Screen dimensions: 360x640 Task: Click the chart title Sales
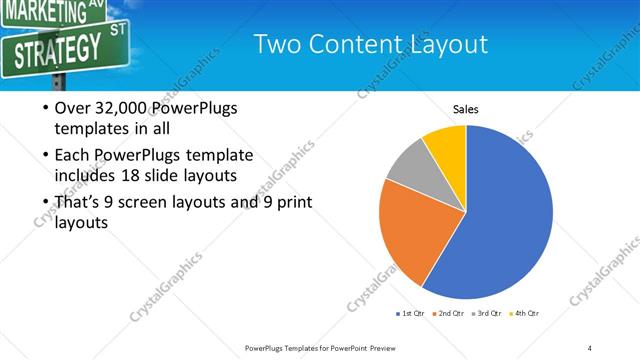pos(466,109)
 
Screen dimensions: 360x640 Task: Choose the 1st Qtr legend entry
pos(412,314)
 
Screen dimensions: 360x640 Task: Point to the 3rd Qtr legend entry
pos(489,314)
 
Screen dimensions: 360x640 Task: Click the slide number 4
pos(590,347)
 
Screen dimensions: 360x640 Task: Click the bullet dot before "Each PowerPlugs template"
pos(46,156)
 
